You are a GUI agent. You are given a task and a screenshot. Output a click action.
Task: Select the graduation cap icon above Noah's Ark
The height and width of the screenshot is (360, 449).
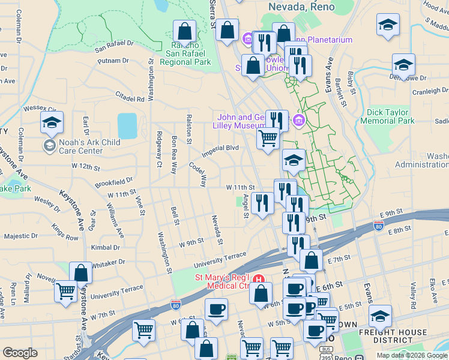click(x=52, y=123)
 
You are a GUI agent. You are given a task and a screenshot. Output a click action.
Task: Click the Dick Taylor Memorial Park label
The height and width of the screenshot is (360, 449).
click(x=387, y=116)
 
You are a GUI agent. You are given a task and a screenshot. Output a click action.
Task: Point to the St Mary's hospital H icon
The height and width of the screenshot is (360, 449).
click(x=259, y=279)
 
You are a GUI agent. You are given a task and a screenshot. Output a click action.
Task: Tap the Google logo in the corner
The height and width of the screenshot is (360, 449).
click(x=20, y=353)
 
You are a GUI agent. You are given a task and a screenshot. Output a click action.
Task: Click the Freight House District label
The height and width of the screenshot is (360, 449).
click(x=393, y=336)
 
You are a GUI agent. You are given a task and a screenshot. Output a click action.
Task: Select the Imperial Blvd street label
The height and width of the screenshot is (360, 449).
click(x=220, y=148)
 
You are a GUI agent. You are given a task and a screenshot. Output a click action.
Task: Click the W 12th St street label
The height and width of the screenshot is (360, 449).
click(x=85, y=166)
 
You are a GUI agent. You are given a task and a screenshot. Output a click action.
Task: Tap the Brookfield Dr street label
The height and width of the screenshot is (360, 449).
click(x=113, y=181)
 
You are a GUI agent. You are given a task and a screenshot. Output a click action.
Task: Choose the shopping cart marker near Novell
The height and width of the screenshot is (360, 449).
click(x=65, y=292)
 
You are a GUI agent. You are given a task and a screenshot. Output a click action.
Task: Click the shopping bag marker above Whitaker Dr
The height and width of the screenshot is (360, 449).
click(x=80, y=273)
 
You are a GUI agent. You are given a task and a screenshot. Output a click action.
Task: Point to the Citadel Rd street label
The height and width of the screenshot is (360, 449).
click(x=130, y=97)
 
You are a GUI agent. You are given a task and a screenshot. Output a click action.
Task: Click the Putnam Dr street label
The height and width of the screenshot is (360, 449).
click(x=113, y=61)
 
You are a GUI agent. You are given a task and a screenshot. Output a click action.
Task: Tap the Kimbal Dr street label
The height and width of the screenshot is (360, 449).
click(x=106, y=247)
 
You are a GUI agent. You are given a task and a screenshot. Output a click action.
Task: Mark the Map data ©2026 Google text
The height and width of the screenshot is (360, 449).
click(x=412, y=355)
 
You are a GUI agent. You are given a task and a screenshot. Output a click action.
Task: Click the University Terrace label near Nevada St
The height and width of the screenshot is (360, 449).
click(x=219, y=259)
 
